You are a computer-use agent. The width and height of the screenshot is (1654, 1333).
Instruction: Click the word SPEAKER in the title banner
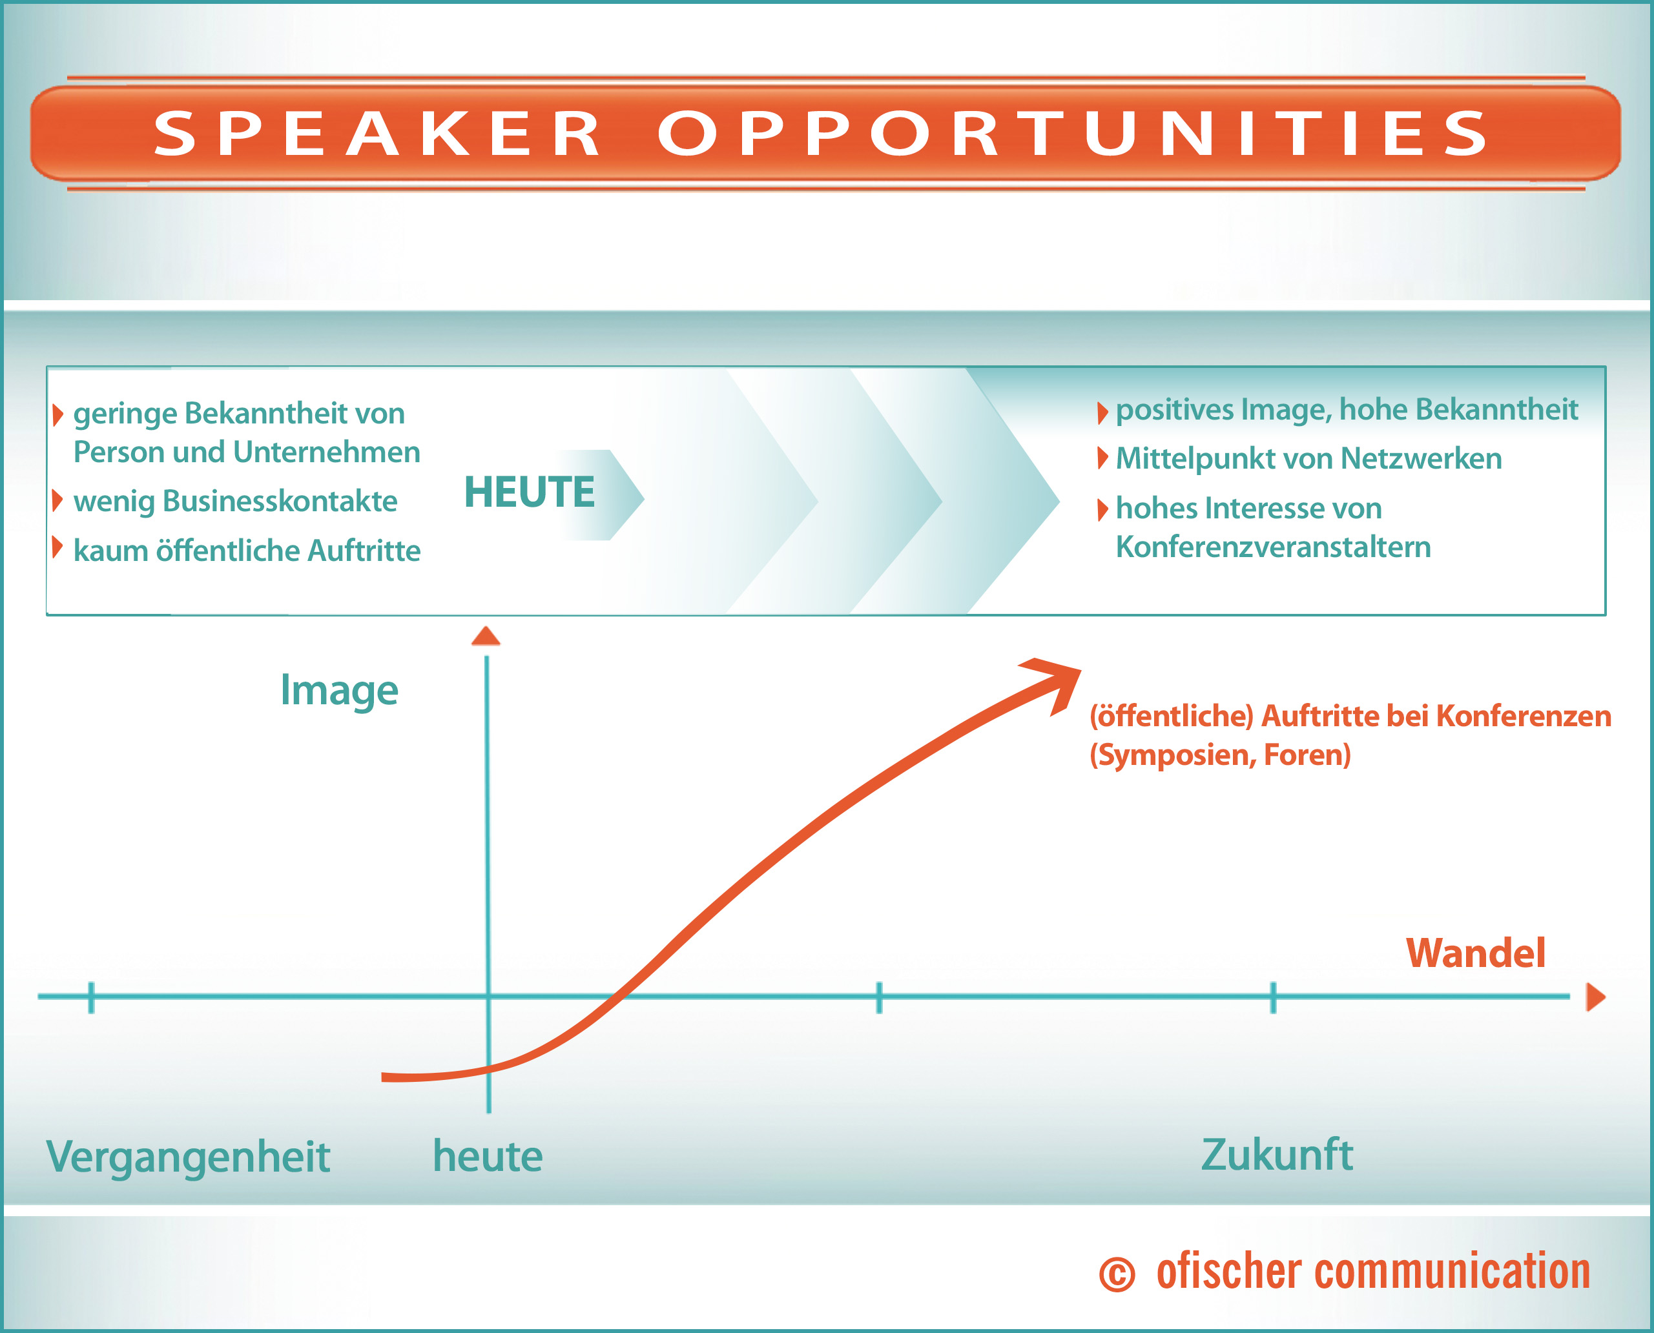(377, 134)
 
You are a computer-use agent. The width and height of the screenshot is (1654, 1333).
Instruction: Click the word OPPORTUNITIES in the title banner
(1073, 134)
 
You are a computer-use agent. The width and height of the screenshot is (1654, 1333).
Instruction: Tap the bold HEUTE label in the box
(530, 492)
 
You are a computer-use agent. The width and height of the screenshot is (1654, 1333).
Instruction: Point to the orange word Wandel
(1475, 953)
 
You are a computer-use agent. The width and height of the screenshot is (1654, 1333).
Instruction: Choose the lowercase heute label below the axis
(488, 1155)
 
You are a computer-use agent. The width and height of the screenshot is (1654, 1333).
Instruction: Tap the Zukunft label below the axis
(1277, 1155)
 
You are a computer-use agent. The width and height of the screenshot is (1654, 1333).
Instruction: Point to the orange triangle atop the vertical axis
(486, 636)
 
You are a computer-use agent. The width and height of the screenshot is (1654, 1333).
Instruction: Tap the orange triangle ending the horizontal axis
(1596, 997)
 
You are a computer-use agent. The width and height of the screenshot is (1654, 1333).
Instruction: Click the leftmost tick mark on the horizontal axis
(92, 997)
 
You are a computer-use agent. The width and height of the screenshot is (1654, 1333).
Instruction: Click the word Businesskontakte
(280, 502)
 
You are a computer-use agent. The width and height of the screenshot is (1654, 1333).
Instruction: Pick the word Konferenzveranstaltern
(1273, 547)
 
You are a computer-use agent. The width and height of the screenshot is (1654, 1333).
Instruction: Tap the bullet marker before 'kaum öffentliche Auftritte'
(57, 547)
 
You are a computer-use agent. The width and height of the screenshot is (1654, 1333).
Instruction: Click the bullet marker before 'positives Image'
(1102, 413)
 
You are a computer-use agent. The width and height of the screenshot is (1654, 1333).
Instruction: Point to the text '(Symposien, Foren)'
(1220, 755)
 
